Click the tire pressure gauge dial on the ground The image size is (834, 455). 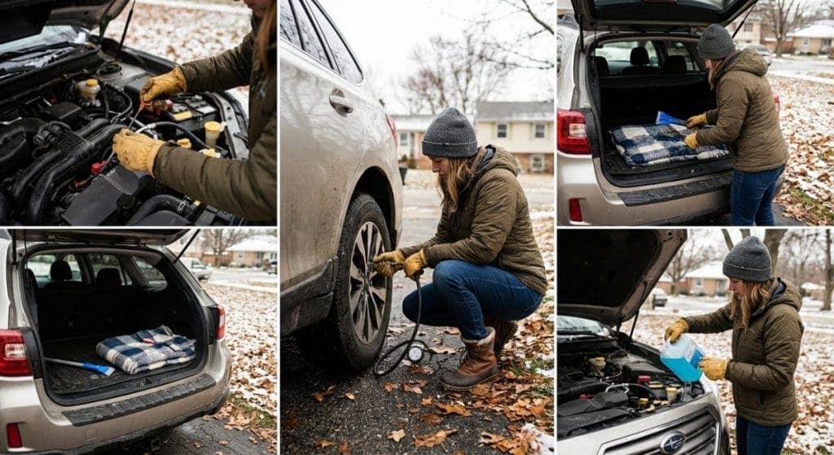coord(416,353)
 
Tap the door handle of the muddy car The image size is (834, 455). coord(341,102)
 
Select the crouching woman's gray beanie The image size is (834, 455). coord(450,133)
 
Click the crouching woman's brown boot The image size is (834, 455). coord(472,362)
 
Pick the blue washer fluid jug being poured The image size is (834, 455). coord(683,357)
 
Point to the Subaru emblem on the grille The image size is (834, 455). coord(673,442)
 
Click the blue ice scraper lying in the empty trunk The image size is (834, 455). coord(81,366)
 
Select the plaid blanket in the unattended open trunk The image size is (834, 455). coord(147,349)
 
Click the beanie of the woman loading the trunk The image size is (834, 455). coord(716,42)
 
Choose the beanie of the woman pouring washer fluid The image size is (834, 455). coord(747,259)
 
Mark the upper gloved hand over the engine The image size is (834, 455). coord(163,85)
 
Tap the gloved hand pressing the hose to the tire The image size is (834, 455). coord(389,262)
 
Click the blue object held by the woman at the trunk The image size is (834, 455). coord(670,119)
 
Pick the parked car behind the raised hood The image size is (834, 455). coord(657,298)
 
